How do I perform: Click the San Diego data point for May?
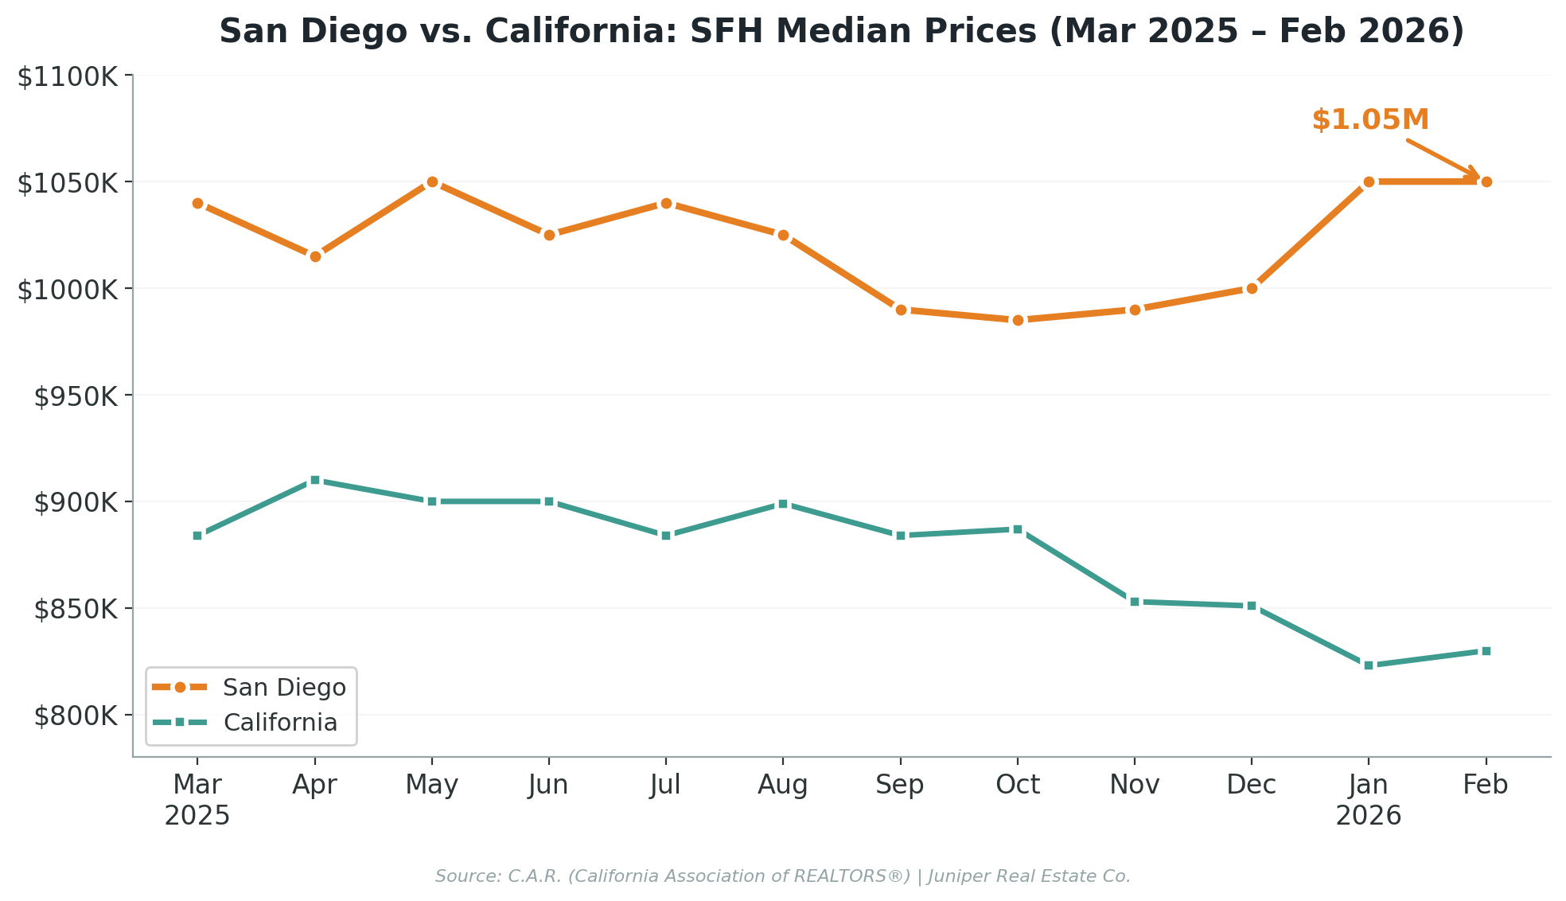point(432,181)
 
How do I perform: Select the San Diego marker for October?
point(1018,320)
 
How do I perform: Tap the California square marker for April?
point(315,480)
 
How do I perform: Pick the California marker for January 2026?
point(1369,665)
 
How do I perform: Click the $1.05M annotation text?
point(1370,120)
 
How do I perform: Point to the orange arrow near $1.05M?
point(1442,158)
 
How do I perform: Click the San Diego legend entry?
point(284,688)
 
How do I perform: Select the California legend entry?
point(280,723)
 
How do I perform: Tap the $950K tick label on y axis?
point(76,396)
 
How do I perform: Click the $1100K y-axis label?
point(68,77)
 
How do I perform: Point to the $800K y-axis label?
point(76,716)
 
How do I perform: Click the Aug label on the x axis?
point(783,786)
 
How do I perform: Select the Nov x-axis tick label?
point(1135,786)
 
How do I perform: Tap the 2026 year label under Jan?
point(1369,816)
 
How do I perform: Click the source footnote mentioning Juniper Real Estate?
point(783,876)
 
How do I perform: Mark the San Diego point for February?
point(1486,181)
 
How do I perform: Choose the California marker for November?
point(1135,602)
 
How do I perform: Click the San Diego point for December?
point(1252,288)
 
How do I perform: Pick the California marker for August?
point(783,504)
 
